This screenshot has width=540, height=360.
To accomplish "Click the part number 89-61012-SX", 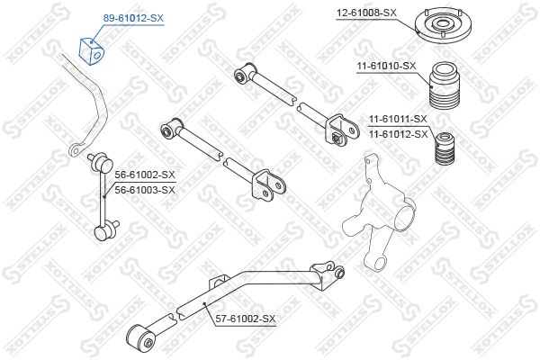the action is click(133, 18).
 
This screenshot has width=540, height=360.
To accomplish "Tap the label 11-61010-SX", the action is click(386, 66).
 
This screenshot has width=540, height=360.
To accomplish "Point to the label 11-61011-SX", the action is click(398, 119).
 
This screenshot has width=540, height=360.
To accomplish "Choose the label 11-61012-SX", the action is click(398, 134).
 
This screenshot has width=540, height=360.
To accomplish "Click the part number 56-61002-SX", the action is click(145, 175).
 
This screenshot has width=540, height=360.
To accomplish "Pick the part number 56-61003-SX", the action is click(145, 190).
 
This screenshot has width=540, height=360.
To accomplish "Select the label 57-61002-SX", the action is click(246, 319).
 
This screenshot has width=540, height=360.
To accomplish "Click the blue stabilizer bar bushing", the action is click(91, 51).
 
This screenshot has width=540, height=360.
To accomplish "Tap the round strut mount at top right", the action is click(443, 23).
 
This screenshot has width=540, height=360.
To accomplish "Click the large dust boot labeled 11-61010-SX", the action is click(445, 85).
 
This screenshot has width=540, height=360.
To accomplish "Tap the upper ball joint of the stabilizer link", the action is click(102, 162).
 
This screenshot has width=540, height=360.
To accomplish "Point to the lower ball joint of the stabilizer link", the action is click(106, 230).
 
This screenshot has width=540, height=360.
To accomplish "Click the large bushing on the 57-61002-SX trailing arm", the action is click(141, 338).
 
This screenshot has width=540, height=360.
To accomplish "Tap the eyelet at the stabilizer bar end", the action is click(76, 150).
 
